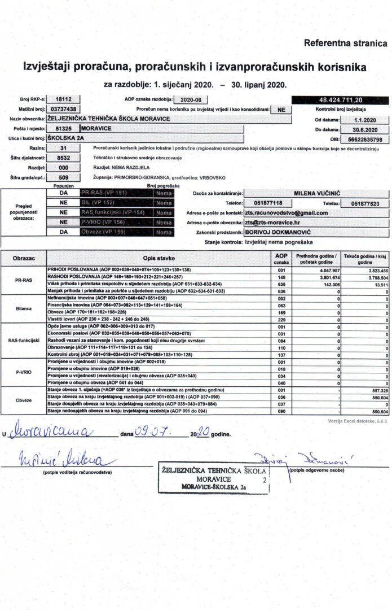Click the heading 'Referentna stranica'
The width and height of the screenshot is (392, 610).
click(346, 43)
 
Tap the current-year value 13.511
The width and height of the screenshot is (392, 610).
click(372, 285)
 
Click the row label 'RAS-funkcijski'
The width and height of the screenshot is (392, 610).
click(24, 341)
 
